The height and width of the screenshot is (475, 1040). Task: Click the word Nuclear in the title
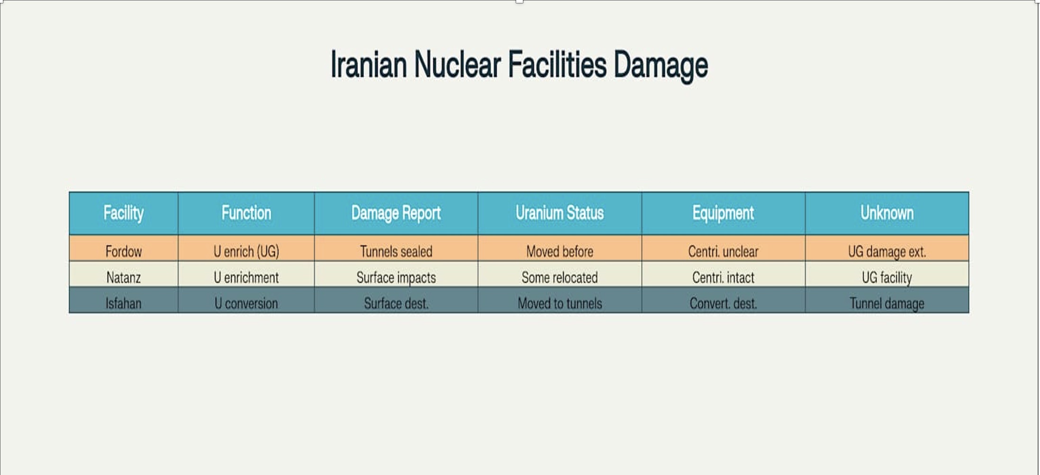point(457,64)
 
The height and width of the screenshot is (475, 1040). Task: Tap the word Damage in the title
point(661,66)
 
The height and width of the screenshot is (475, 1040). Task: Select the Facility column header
point(124,213)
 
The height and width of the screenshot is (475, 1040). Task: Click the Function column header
point(246,213)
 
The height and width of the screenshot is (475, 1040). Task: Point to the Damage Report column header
point(396,213)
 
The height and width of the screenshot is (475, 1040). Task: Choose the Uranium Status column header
point(560,213)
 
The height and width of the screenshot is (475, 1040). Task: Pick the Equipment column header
point(723,213)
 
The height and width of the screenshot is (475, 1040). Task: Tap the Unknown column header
point(887,213)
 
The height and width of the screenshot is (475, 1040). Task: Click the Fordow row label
point(124,251)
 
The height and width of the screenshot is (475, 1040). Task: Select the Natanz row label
point(124,277)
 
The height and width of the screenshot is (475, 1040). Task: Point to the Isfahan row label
point(124,303)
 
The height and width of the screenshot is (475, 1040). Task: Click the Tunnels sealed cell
point(396,251)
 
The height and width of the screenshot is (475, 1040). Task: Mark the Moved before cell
point(560,251)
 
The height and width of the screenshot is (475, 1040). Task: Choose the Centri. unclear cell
point(723,251)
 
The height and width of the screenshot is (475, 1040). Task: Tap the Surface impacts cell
point(396,278)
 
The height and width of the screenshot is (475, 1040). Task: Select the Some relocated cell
point(560,277)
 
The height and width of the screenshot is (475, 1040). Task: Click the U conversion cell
point(246,303)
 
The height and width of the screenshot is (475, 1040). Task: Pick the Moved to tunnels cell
point(560,303)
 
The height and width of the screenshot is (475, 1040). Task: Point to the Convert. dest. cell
point(723,303)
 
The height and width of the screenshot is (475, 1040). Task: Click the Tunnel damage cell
point(887,304)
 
